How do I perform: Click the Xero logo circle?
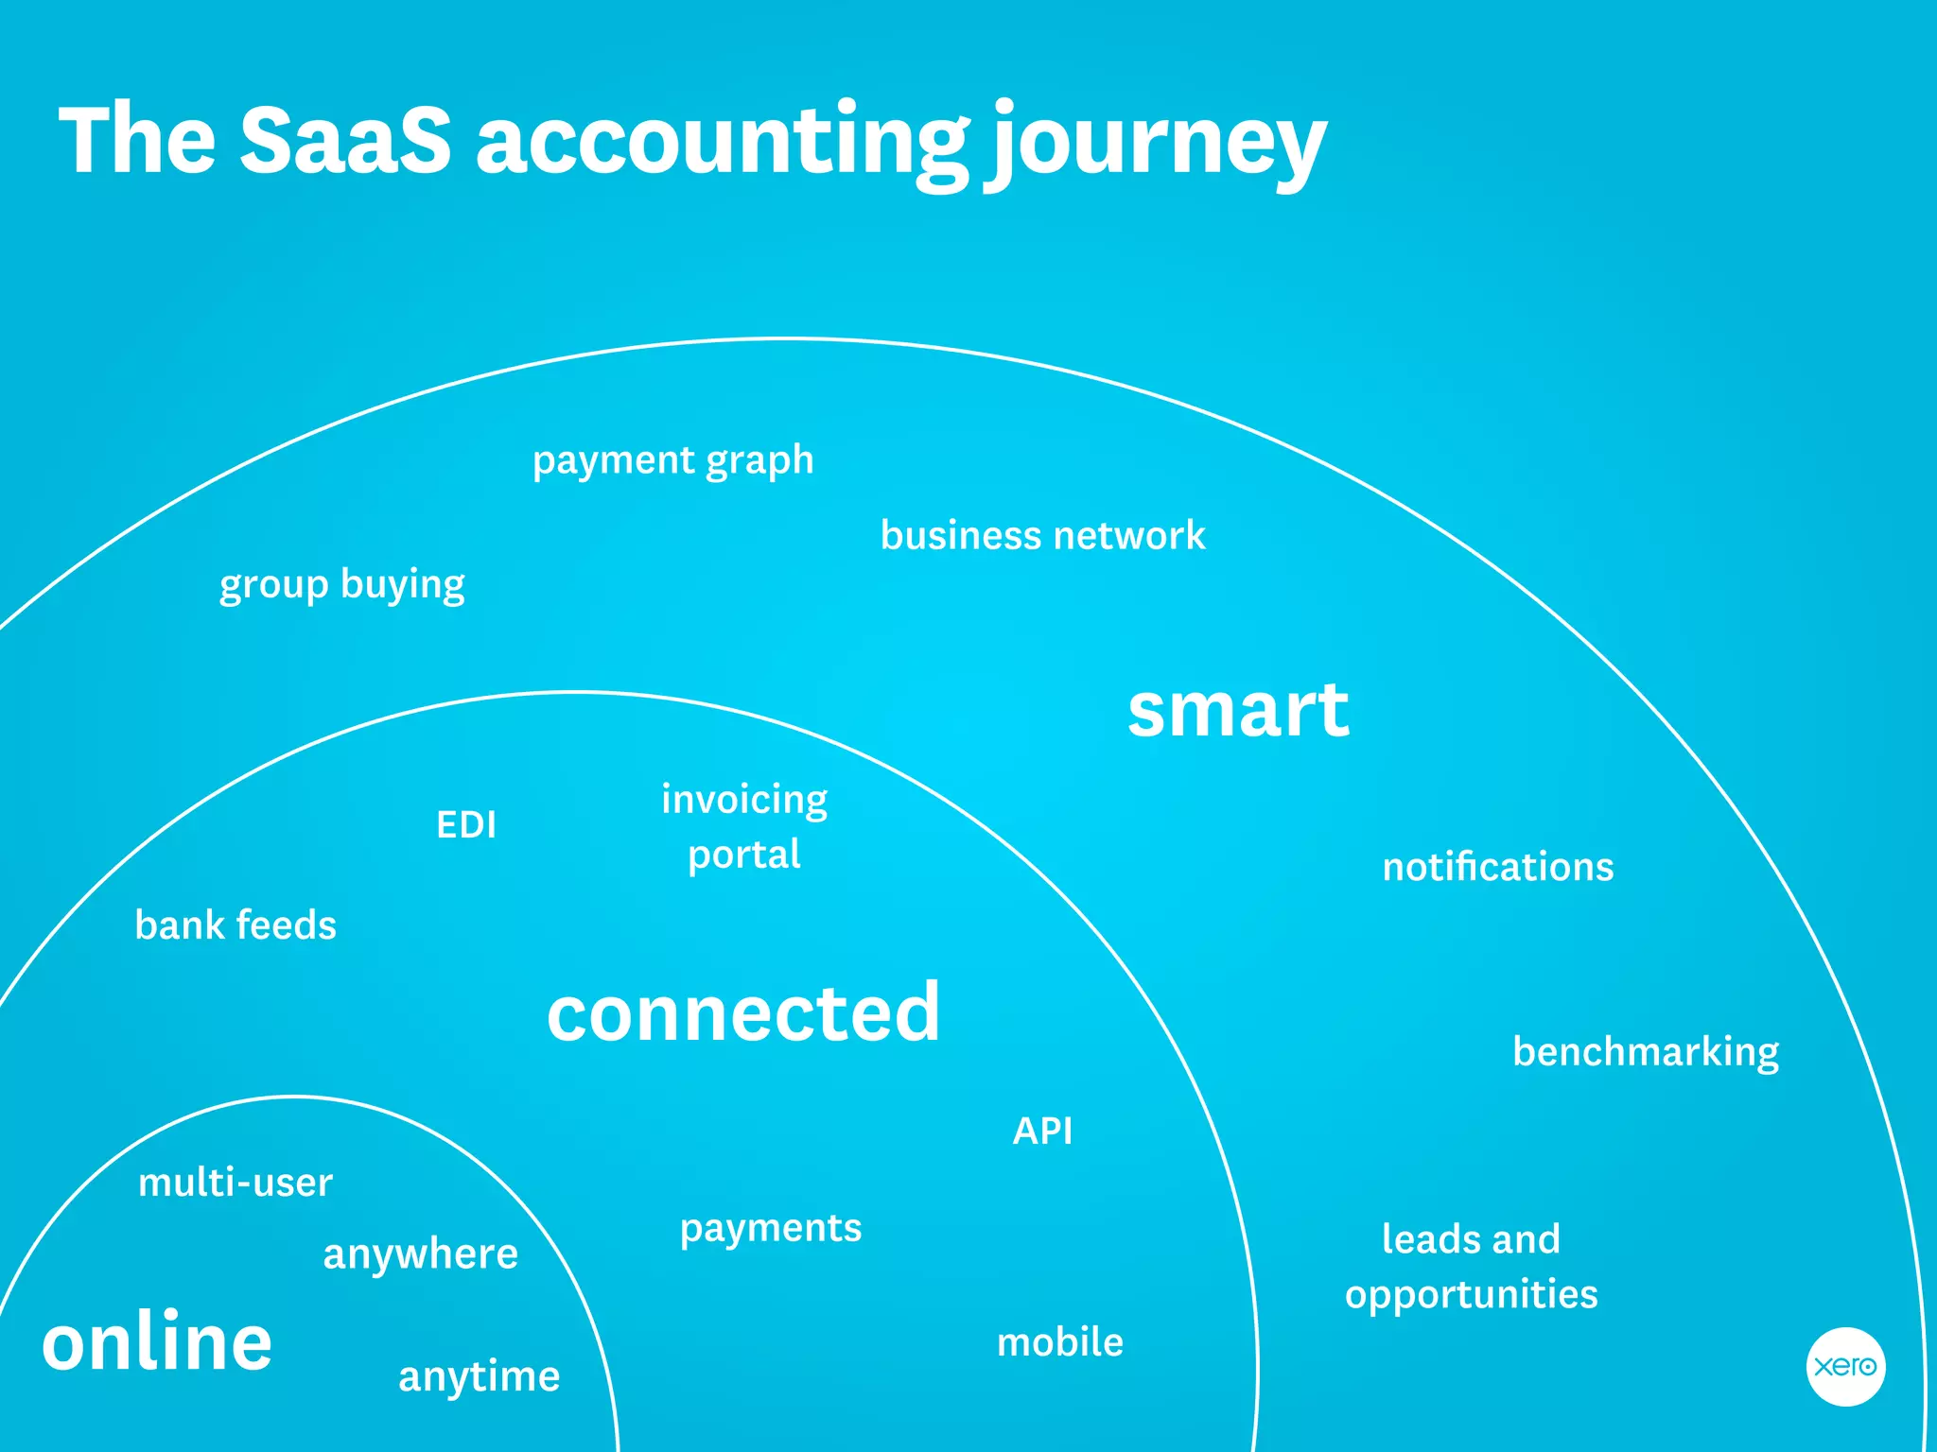click(1845, 1366)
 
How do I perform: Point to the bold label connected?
click(743, 1012)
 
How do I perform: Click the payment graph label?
click(672, 460)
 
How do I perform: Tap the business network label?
click(1042, 535)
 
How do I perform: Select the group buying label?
click(341, 584)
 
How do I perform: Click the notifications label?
click(1498, 867)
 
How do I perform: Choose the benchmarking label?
click(1646, 1051)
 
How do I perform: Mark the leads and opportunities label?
click(1472, 1267)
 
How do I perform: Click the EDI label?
click(466, 824)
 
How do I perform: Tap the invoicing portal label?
click(744, 826)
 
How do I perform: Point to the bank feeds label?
click(236, 925)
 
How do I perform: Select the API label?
click(1042, 1131)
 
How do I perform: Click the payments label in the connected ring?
click(771, 1228)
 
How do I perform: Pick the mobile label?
click(1060, 1342)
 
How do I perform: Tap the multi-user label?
click(236, 1183)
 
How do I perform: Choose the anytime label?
click(480, 1376)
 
